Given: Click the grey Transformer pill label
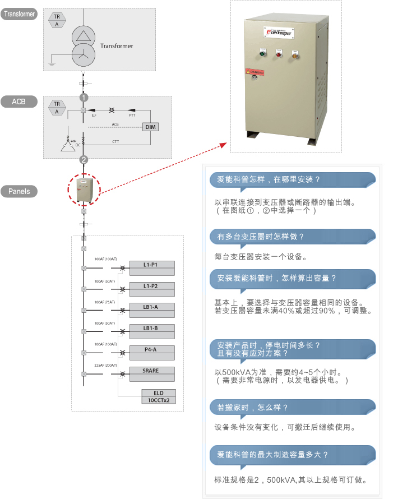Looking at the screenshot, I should point(19,14).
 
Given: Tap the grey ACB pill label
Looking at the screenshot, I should point(19,101).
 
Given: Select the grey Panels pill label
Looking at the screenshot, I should point(19,191).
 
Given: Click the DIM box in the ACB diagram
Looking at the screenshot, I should point(151,127).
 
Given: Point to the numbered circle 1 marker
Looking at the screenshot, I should point(84,97).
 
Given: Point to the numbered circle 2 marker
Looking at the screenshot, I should point(84,160).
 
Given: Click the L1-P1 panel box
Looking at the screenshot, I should point(151,264).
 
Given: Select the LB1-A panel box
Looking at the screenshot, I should point(151,307).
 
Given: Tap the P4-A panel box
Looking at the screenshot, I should point(151,349).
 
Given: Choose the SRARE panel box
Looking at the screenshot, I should point(151,371).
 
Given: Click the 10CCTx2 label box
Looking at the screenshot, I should point(159,400).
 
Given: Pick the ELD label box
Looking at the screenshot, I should point(159,393).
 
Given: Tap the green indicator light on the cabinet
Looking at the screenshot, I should point(262,54).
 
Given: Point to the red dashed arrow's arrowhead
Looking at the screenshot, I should point(224,145).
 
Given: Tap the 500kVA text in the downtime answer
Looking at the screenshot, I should point(235,372).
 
